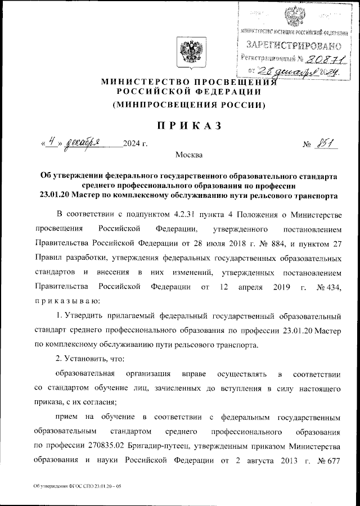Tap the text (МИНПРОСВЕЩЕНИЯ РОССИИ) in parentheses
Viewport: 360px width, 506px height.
188,105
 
